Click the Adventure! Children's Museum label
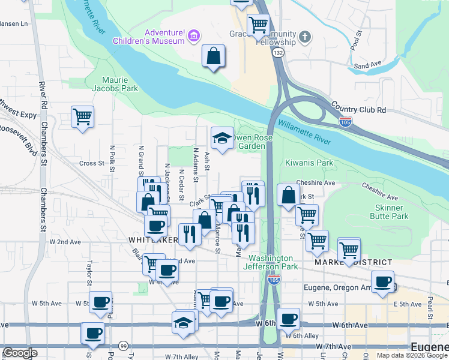click(148, 37)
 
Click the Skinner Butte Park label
click(392, 212)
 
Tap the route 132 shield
click(277, 53)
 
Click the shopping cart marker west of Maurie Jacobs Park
click(82, 116)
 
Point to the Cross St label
click(92, 163)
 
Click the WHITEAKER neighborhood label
click(153, 240)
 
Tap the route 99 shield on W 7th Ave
click(123, 346)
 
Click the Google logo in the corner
click(20, 353)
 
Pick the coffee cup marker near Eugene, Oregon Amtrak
click(382, 282)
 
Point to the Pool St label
click(355, 43)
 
